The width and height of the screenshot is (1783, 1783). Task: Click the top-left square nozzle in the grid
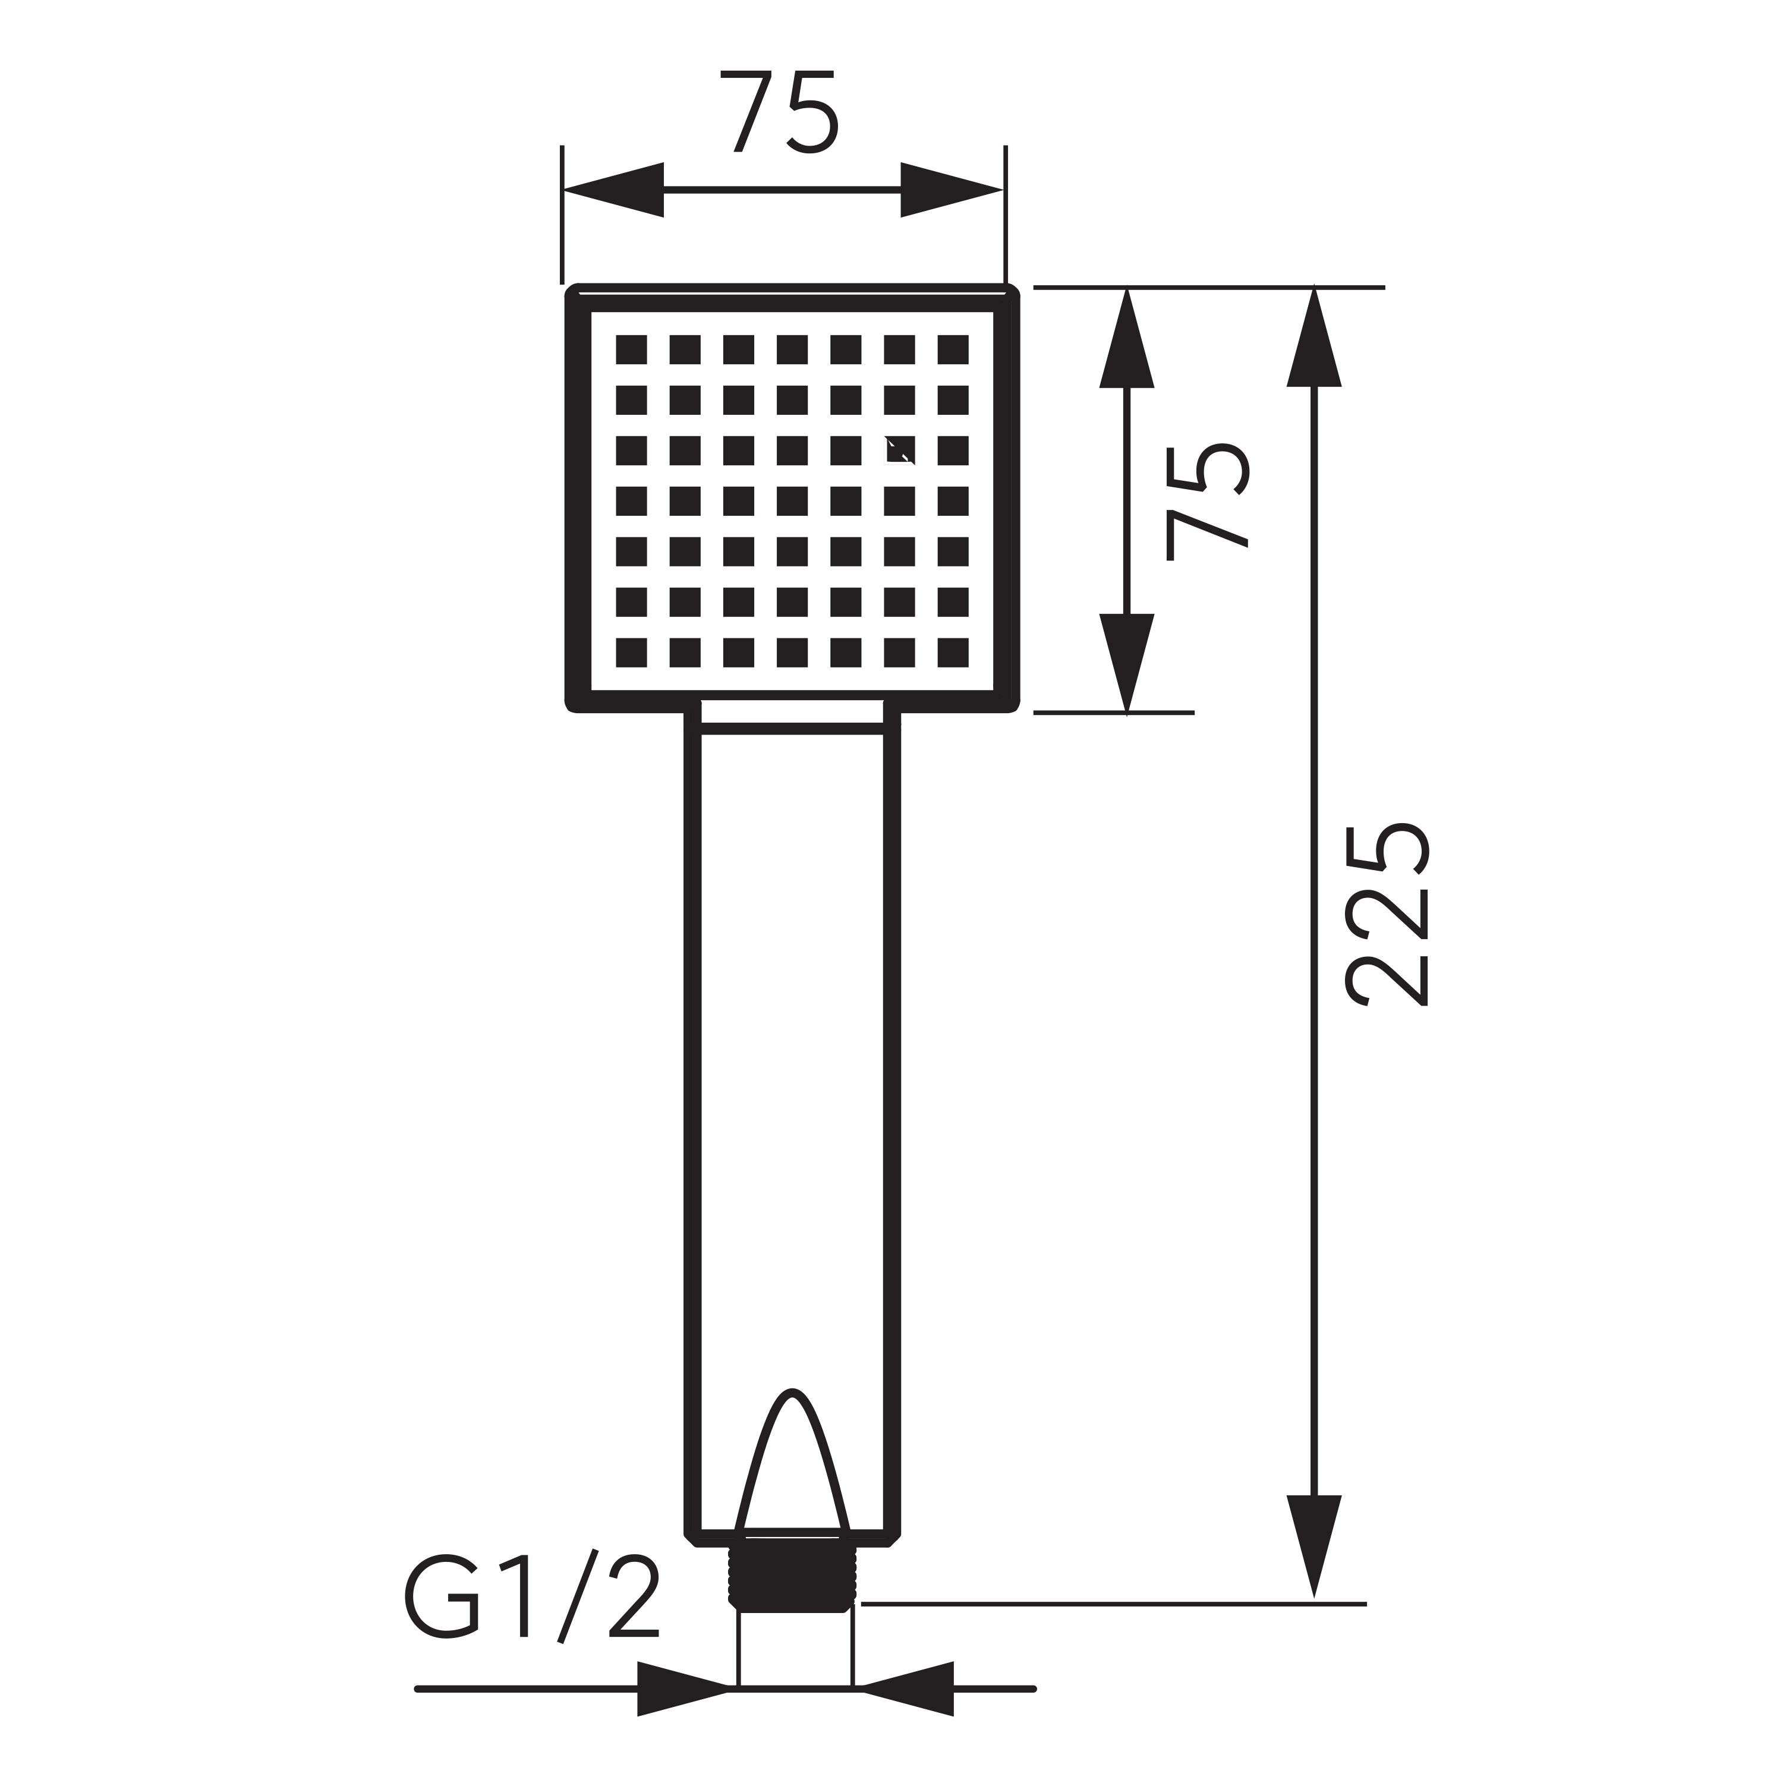pyautogui.click(x=631, y=350)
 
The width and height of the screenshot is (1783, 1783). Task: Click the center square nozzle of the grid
pyautogui.click(x=792, y=501)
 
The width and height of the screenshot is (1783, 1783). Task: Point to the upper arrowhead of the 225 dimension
pyautogui.click(x=1313, y=338)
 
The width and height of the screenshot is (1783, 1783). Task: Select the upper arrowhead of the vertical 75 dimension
pyautogui.click(x=1127, y=338)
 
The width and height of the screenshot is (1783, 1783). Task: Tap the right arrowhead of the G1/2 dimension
pyautogui.click(x=907, y=1689)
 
